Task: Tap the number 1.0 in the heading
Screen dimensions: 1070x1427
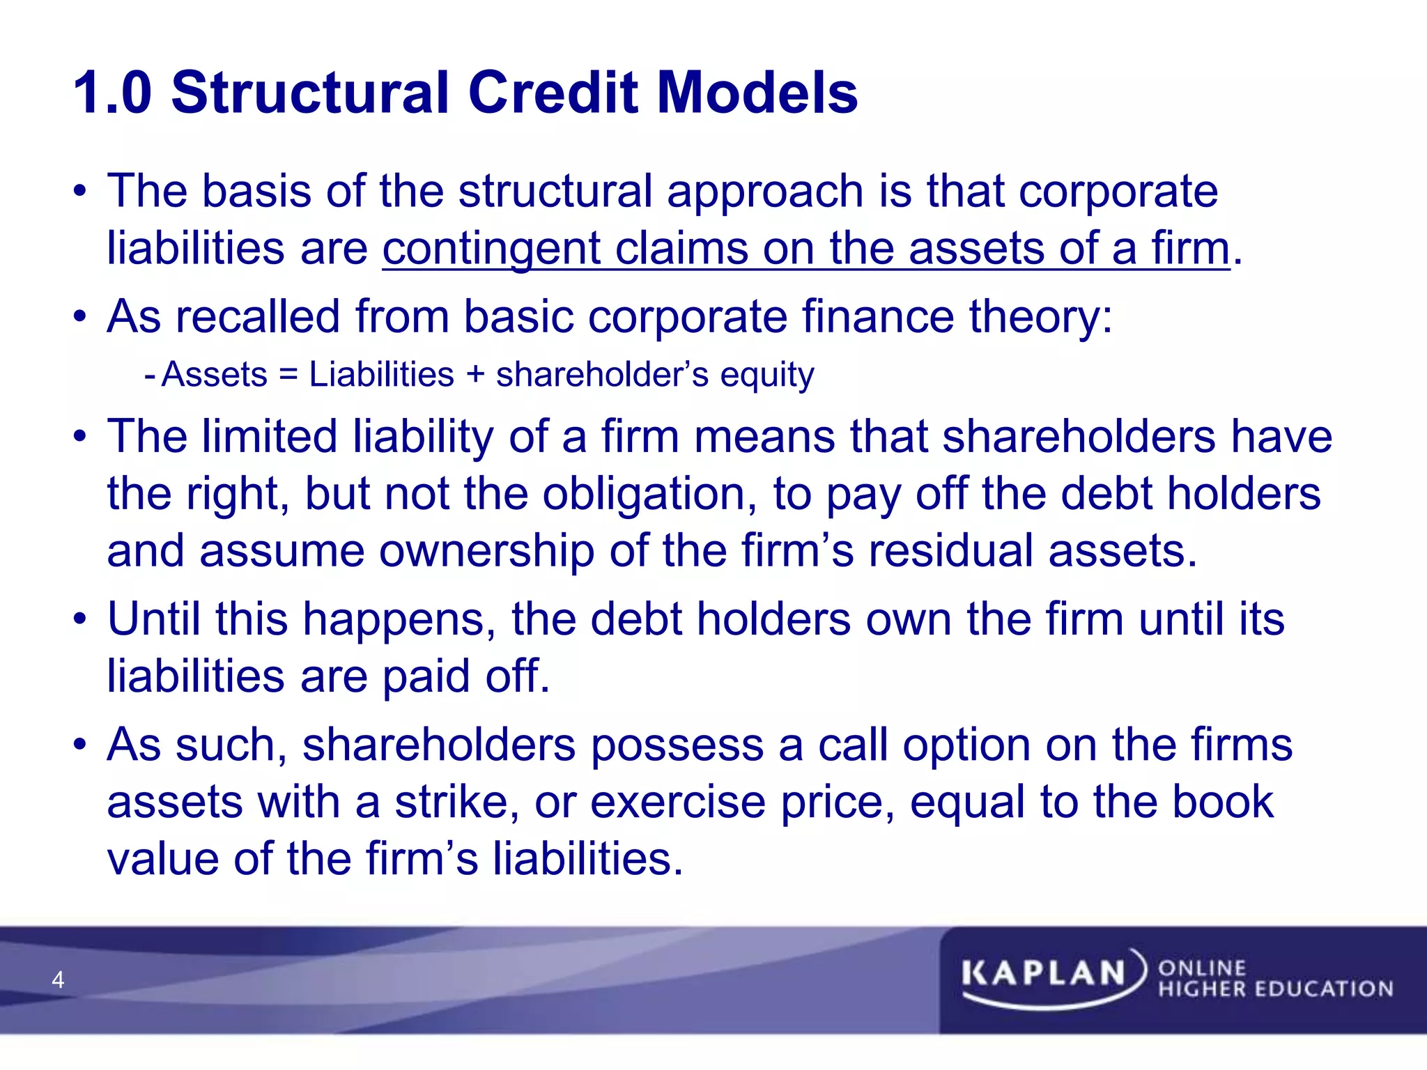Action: (x=112, y=93)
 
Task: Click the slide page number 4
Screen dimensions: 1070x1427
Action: (x=58, y=980)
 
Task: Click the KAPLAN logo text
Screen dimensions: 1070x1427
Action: (x=1043, y=973)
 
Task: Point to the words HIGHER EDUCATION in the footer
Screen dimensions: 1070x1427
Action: (x=1275, y=989)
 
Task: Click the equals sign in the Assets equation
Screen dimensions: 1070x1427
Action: (x=288, y=375)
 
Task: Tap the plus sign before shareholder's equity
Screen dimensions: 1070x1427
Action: (x=475, y=375)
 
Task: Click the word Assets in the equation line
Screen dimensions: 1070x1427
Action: (x=215, y=375)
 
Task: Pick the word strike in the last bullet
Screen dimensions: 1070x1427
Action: (x=452, y=802)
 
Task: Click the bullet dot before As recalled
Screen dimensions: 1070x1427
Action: (x=81, y=318)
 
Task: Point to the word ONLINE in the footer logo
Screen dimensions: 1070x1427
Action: (x=1201, y=968)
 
